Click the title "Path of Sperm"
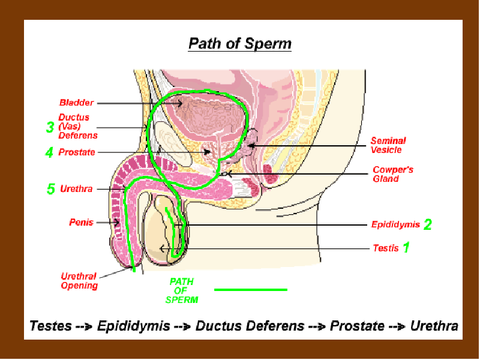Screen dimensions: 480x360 (x=239, y=43)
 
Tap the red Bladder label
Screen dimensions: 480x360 (x=76, y=103)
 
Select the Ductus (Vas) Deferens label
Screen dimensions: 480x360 (x=78, y=126)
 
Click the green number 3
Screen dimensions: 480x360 (x=50, y=127)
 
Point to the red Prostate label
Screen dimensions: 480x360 (x=77, y=152)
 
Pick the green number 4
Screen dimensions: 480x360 (x=49, y=152)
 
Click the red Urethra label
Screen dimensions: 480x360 (x=76, y=188)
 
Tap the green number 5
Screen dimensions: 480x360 (x=51, y=189)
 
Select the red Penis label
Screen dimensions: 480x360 (x=81, y=222)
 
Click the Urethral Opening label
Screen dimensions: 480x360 (x=79, y=281)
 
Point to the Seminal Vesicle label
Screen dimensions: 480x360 (x=388, y=145)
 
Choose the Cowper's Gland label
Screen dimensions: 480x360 (x=393, y=174)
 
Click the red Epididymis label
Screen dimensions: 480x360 (x=395, y=224)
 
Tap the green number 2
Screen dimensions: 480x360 (x=428, y=224)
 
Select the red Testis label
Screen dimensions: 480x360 (x=386, y=248)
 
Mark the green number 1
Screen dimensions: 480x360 (x=406, y=247)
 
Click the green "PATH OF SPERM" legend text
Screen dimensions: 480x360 (x=182, y=290)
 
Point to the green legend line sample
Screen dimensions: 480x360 (x=251, y=290)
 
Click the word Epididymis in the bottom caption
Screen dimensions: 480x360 (x=133, y=326)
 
